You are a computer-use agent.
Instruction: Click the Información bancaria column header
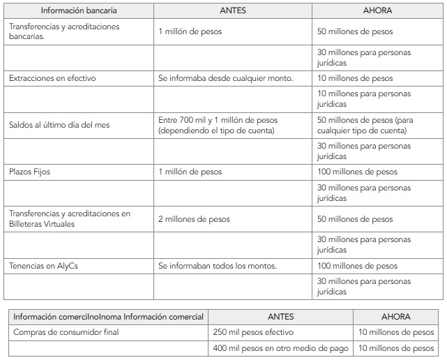(79, 10)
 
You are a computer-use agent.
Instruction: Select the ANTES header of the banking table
(234, 10)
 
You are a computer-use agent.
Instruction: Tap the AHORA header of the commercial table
(396, 317)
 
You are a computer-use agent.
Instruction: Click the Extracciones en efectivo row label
(52, 78)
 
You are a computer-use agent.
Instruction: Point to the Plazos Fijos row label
(29, 172)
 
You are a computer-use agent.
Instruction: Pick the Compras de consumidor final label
(66, 332)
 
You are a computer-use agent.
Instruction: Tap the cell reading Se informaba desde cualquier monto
(226, 78)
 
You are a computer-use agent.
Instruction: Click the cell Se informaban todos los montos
(218, 266)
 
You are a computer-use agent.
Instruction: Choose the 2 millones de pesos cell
(194, 219)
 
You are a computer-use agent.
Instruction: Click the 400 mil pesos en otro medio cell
(278, 348)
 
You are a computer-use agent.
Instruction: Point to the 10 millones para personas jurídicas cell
(364, 98)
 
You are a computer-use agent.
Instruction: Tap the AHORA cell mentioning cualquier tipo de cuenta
(365, 125)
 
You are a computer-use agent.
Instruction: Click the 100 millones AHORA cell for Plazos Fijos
(357, 172)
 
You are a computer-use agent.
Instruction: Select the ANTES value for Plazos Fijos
(190, 172)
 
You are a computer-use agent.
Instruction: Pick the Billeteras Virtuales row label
(70, 219)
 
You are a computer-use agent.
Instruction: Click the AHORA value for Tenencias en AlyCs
(357, 266)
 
